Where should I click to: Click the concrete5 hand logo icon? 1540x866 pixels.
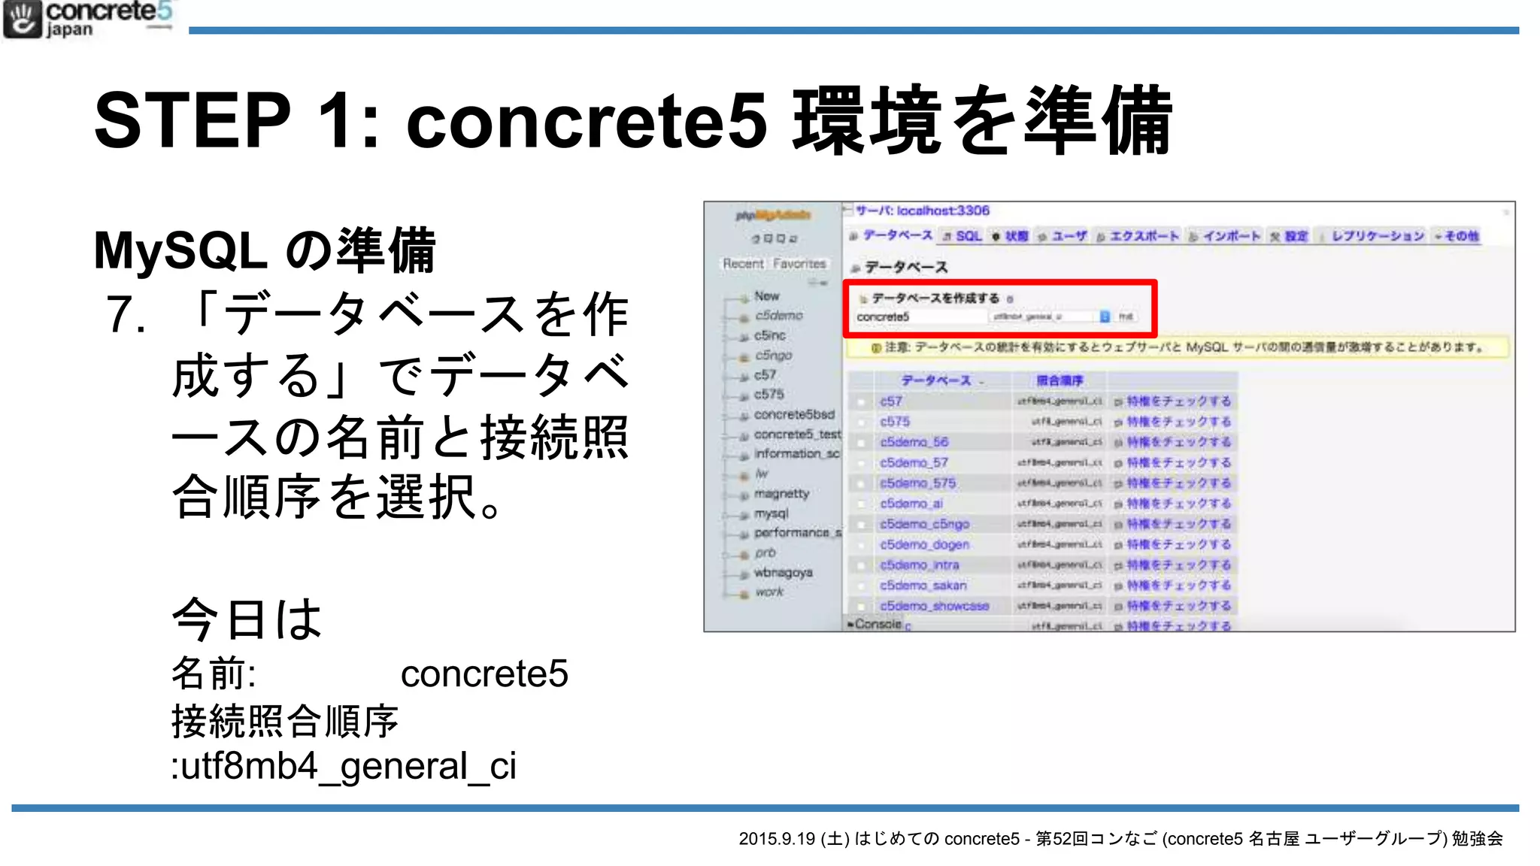point(22,20)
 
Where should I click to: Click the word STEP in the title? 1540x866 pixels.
point(192,120)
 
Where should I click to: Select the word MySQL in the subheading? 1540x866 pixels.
point(180,250)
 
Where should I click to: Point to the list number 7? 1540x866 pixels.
point(126,314)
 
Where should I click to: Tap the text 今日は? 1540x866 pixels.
point(247,619)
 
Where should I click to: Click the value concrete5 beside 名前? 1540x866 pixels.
point(484,674)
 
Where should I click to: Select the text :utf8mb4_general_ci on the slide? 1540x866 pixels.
point(344,767)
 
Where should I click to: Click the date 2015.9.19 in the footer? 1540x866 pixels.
point(777,839)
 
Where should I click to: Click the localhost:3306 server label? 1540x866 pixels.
point(943,211)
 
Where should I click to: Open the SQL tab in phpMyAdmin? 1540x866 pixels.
point(969,236)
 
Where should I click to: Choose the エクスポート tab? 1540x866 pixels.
point(1144,236)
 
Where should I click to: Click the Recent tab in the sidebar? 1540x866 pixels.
point(743,264)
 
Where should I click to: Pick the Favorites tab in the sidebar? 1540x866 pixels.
point(799,264)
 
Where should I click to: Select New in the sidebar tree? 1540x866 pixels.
point(766,296)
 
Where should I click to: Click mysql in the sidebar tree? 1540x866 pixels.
point(772,513)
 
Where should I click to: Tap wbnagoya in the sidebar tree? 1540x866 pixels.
point(783,573)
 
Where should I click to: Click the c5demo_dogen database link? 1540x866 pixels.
point(924,544)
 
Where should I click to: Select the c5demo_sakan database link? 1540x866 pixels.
point(923,586)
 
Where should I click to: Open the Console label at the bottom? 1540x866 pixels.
point(877,625)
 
